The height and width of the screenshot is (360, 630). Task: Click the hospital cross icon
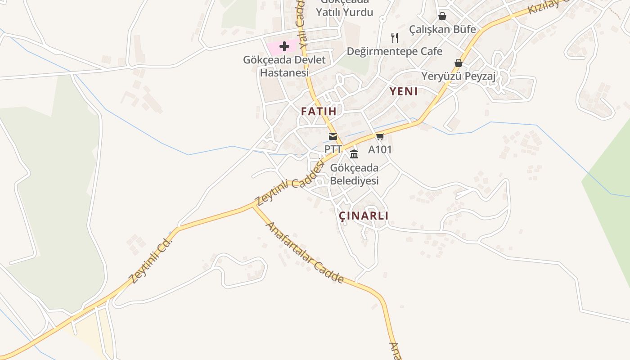(x=284, y=46)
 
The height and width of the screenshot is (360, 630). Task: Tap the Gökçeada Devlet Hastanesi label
(x=284, y=66)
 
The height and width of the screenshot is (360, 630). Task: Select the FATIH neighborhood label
(x=319, y=111)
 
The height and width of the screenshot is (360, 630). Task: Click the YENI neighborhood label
(x=404, y=91)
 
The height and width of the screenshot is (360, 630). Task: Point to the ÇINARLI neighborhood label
(x=364, y=216)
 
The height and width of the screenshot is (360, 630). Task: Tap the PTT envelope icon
(x=333, y=136)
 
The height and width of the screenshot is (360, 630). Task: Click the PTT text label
(x=333, y=148)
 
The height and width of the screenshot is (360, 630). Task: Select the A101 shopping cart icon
(x=380, y=136)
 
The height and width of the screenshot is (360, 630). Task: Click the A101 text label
(x=380, y=149)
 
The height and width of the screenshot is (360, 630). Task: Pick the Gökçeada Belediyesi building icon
(x=354, y=154)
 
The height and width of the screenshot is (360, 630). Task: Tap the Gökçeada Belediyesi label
(x=354, y=174)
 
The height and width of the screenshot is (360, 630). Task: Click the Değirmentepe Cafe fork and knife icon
(x=395, y=37)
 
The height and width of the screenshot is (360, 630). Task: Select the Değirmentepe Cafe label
(x=395, y=51)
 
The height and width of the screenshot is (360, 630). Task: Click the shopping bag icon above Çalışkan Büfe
(x=442, y=16)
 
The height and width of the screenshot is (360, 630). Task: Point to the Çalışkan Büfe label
(x=442, y=29)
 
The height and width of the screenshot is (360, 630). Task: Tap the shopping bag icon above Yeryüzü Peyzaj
(x=459, y=63)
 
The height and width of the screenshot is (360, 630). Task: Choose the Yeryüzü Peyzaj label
(x=459, y=76)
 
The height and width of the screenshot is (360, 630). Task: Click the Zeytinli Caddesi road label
(x=290, y=184)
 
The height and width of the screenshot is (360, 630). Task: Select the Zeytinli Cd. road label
(x=151, y=261)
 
